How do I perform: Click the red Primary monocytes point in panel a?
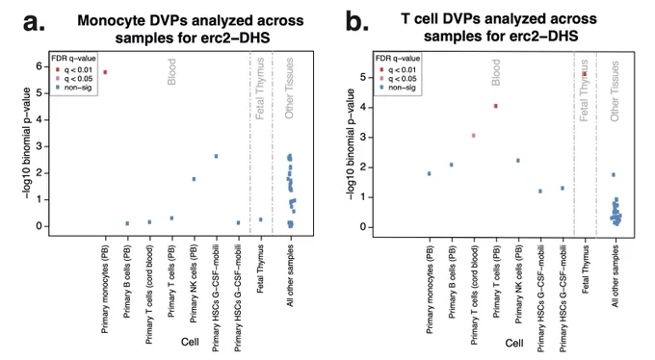coord(105,72)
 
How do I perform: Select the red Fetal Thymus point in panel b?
coord(585,74)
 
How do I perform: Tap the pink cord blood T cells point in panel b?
coord(474,136)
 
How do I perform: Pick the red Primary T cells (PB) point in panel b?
coord(496,106)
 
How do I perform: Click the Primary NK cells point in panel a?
coord(194,179)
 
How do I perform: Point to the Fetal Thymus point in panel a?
coord(261,219)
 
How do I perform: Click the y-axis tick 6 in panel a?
coord(39,66)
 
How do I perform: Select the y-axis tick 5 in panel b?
coord(363,77)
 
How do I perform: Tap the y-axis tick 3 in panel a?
coord(39,146)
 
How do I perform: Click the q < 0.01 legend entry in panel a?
coord(74,69)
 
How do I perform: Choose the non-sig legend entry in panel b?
coord(398,88)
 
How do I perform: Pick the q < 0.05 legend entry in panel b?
coord(399,79)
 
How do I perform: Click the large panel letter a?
coord(34,22)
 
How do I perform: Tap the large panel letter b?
coord(357,21)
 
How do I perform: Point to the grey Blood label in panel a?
coord(171,72)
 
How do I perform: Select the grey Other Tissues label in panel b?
coord(615,91)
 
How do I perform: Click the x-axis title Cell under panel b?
coord(514,343)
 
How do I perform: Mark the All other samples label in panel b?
coord(615,276)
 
